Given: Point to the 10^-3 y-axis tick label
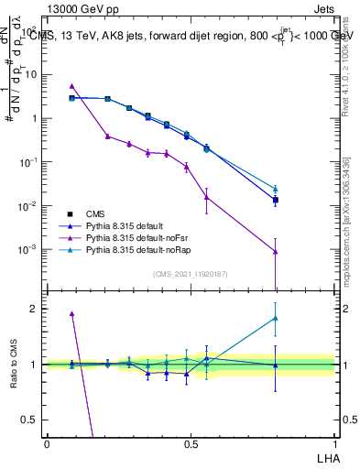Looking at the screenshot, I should (x=29, y=249).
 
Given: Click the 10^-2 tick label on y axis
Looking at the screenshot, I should (x=29, y=206).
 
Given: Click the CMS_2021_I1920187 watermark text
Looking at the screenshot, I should (x=191, y=274).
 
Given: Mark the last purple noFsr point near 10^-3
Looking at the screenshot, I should (x=276, y=252).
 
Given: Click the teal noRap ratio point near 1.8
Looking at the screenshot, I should (x=276, y=318).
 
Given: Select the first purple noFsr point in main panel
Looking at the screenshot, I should (x=72, y=86).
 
